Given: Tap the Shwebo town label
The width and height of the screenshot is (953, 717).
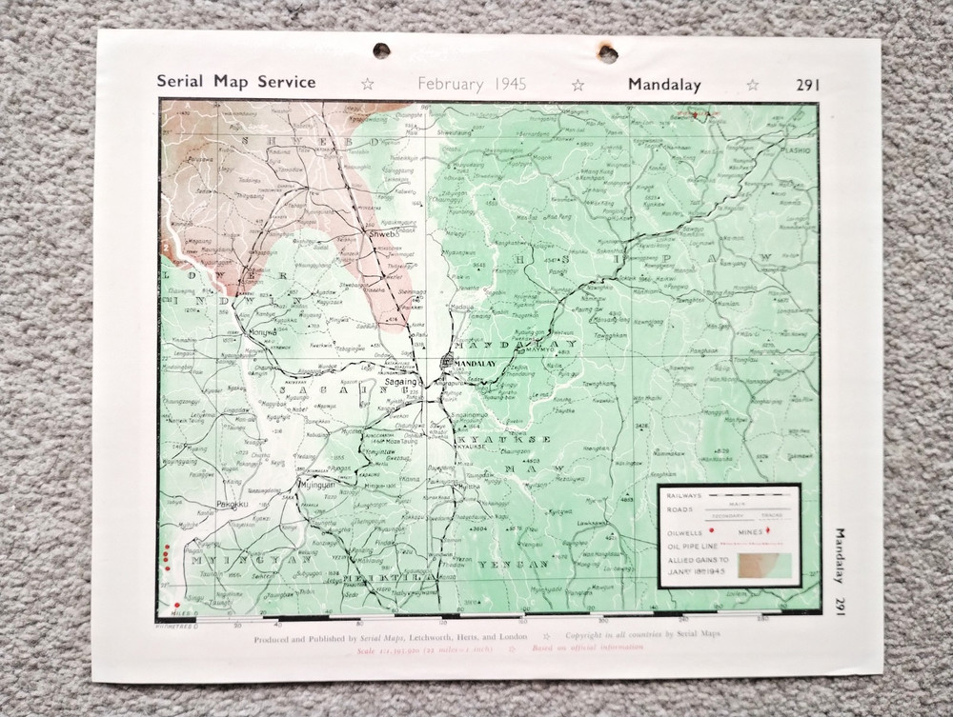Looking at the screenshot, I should tap(380, 232).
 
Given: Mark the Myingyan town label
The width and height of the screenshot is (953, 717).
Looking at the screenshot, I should tap(319, 485).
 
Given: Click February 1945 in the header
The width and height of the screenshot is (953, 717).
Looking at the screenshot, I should tap(465, 84).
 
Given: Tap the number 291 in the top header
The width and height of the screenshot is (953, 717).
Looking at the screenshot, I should tap(806, 84).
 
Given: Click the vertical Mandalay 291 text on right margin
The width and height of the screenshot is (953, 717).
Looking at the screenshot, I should tap(839, 572).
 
